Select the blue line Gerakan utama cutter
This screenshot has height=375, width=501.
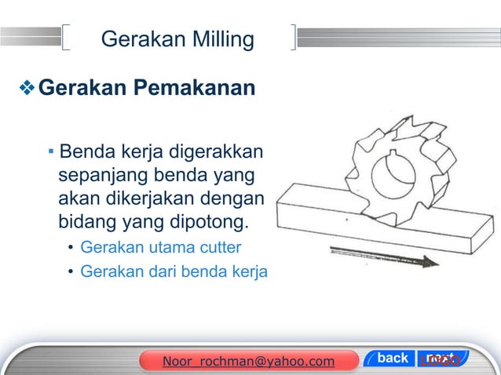coord(161,249)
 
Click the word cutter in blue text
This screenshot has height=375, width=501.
coord(219,249)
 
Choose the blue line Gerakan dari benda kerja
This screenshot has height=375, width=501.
coord(174,272)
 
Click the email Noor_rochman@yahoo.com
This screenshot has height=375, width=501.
coord(247,361)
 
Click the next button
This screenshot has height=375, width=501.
coord(440,359)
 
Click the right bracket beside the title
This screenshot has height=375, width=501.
coord(293,38)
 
